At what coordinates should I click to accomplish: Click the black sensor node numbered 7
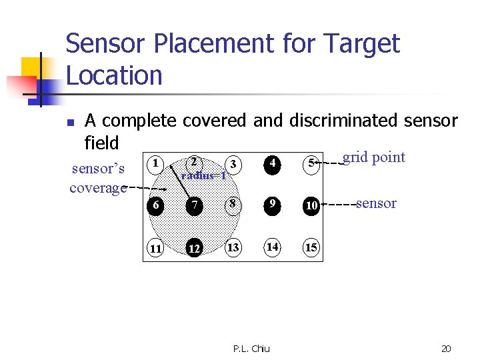(x=194, y=205)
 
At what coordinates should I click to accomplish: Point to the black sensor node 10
(x=311, y=205)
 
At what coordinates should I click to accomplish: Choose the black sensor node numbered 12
(x=194, y=248)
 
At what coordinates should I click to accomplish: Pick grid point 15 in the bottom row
(x=311, y=248)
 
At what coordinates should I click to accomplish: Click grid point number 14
(x=272, y=247)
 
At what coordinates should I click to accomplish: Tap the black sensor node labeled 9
(x=271, y=205)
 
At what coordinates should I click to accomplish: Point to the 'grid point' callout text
(x=373, y=157)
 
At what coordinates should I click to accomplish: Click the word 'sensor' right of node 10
(x=376, y=203)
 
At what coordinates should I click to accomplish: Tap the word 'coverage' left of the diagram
(x=97, y=188)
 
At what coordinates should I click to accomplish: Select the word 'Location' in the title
(x=114, y=75)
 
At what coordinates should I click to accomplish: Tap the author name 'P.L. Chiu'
(x=251, y=348)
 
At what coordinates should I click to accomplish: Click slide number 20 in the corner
(x=447, y=348)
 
